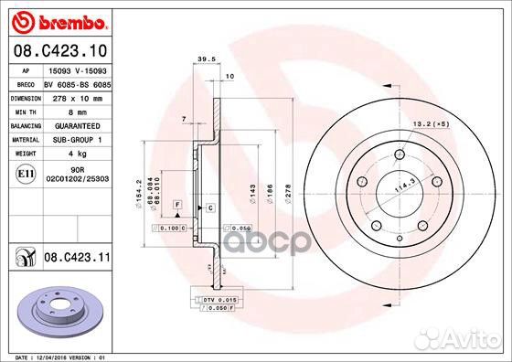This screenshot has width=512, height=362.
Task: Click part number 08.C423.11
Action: (77, 260)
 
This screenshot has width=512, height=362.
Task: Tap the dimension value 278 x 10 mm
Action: (77, 97)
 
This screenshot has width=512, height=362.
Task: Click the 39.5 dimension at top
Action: (206, 61)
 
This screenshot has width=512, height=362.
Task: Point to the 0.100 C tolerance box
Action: (170, 227)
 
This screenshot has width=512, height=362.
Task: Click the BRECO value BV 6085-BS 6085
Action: (77, 83)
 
